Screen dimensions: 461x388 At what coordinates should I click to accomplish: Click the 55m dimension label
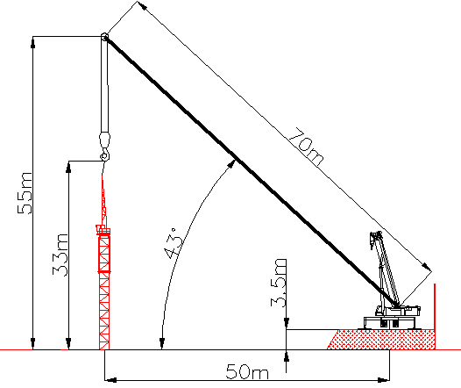[x=25, y=193]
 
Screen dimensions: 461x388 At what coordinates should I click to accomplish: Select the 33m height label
[x=60, y=255]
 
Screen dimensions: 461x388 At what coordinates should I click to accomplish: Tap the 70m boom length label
[x=306, y=147]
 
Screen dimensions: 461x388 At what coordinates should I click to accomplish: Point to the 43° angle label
[x=174, y=243]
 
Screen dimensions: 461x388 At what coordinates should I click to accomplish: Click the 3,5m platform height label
[x=279, y=283]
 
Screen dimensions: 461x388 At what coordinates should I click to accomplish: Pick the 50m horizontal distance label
[x=247, y=371]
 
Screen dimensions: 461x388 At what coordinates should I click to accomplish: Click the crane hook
[x=105, y=154]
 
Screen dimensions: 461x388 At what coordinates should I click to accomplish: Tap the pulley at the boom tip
[x=104, y=37]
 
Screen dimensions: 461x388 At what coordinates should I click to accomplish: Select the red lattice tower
[x=104, y=265]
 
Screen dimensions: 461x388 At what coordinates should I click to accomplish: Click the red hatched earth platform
[x=381, y=340]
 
